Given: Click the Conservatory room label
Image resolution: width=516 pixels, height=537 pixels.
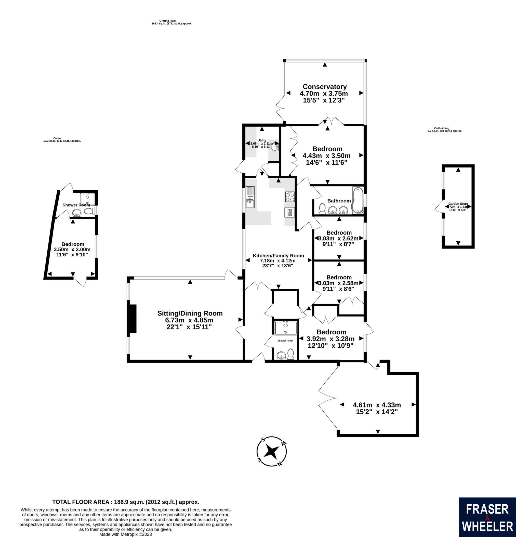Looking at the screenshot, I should pyautogui.click(x=325, y=87).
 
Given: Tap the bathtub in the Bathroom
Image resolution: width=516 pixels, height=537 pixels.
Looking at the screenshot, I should pyautogui.click(x=358, y=200).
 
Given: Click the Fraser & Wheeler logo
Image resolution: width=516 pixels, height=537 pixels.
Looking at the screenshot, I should pyautogui.click(x=487, y=517).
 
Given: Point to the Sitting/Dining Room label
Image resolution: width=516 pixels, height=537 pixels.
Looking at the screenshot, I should pyautogui.click(x=190, y=313).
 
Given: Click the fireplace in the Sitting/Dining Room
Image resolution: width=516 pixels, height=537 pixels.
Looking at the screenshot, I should pyautogui.click(x=133, y=319).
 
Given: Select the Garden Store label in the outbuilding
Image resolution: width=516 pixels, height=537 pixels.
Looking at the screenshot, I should pyautogui.click(x=458, y=204).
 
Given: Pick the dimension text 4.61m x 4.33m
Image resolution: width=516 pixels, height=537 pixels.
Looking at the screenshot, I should pyautogui.click(x=377, y=405).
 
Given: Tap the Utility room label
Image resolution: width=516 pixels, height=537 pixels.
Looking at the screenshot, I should pyautogui.click(x=261, y=140).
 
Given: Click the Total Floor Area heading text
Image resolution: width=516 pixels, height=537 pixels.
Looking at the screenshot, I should pyautogui.click(x=126, y=502).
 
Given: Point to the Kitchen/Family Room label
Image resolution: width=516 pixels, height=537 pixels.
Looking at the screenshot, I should pyautogui.click(x=278, y=256).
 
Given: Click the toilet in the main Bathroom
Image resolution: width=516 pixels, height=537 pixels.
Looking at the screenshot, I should pyautogui.click(x=322, y=209).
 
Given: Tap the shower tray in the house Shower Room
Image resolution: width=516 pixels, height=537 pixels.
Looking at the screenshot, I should pyautogui.click(x=286, y=328).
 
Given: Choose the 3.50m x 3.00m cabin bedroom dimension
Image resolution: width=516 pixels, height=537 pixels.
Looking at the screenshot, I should pyautogui.click(x=72, y=250).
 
